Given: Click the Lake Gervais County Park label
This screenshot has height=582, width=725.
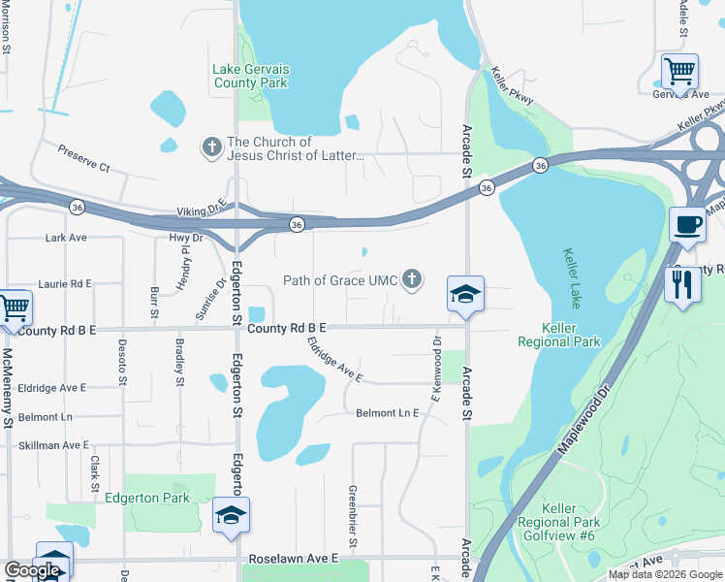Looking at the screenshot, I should tap(250, 76).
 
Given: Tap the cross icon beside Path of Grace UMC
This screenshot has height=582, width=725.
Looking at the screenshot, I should tap(413, 280).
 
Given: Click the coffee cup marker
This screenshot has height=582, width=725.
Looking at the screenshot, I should tap(687, 225).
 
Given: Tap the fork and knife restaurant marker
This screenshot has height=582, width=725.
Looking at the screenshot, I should tap(683, 284).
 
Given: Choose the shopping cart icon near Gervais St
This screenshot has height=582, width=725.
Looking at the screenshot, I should tap(679, 72).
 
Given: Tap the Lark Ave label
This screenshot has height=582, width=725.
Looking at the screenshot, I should tap(66, 237).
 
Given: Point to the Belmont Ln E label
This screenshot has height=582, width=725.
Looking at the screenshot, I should tap(387, 413).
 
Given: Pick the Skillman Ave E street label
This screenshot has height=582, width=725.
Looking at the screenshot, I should tap(53, 445).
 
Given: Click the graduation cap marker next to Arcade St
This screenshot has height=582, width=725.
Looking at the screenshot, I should tap(465, 294).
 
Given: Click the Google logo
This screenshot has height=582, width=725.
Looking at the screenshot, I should tap(32, 570).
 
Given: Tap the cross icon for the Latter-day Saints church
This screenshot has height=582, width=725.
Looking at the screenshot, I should tap(210, 147).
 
